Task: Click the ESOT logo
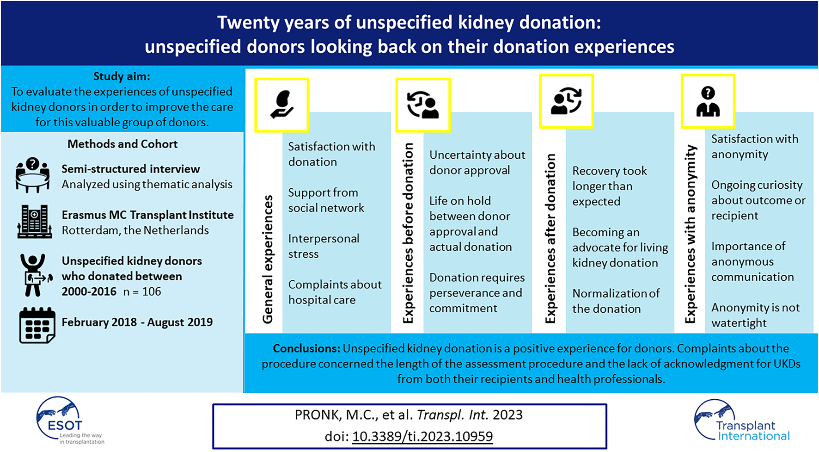[x=70, y=421]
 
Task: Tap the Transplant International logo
[x=742, y=421]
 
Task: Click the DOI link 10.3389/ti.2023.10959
[x=422, y=436]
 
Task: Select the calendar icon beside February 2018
[x=37, y=325]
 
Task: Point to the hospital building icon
[x=34, y=222]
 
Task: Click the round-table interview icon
[x=32, y=175]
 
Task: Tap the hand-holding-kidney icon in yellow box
[x=281, y=105]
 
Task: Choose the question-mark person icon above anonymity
[x=708, y=101]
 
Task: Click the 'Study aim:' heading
[x=122, y=76]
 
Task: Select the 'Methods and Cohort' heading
[x=122, y=144]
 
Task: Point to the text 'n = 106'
[x=142, y=291]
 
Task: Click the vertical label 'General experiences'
[x=268, y=259]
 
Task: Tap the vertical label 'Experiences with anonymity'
[x=690, y=234]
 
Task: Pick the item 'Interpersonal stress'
[x=324, y=246]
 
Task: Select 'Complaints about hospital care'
[x=335, y=292]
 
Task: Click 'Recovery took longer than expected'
[x=610, y=186]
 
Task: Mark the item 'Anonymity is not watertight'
[x=755, y=315]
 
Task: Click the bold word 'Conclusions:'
[x=306, y=348]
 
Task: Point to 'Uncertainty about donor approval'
[x=477, y=162]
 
